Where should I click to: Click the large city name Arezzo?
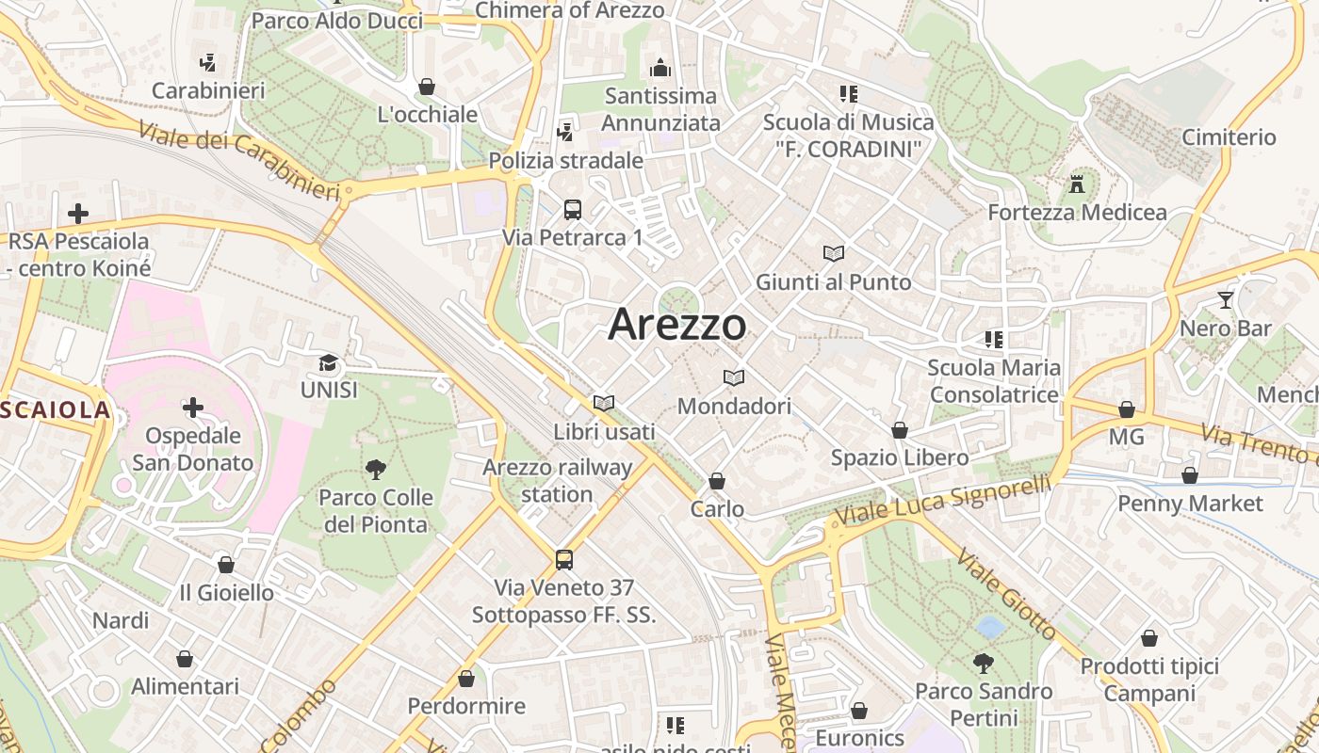[x=676, y=325]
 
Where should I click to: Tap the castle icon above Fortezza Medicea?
[x=1077, y=183]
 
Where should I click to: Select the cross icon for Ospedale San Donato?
[x=193, y=408]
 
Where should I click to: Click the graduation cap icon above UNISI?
[x=328, y=362]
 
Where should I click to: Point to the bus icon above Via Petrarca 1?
[x=573, y=210]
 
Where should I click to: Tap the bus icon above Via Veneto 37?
[x=563, y=560]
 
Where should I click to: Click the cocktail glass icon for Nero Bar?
[x=1225, y=300]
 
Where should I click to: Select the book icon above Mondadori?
[x=734, y=378]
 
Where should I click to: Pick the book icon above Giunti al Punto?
[x=834, y=253]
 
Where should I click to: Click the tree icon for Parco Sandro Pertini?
[x=984, y=664]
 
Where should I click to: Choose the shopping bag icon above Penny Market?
[x=1190, y=475]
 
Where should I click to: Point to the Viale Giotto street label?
[x=1006, y=596]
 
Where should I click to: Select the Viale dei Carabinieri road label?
[x=238, y=160]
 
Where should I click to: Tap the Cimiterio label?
[x=1229, y=137]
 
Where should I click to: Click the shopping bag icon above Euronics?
[x=858, y=711]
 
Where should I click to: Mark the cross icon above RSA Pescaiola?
[x=78, y=214]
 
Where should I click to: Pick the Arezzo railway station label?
[x=558, y=480]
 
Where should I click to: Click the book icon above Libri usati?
[x=604, y=403]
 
